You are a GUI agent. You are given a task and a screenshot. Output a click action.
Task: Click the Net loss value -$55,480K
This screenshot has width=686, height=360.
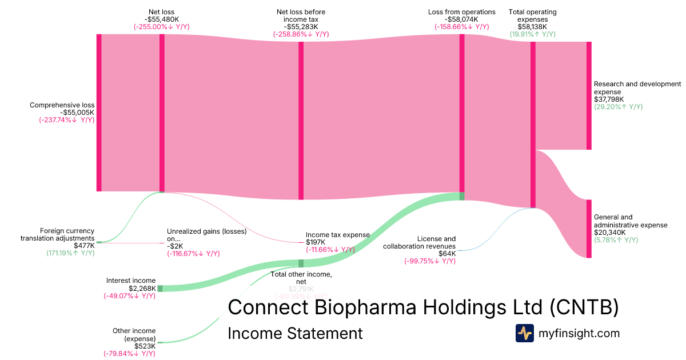click(161, 19)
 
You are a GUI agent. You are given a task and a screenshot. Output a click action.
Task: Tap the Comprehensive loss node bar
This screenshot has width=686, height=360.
click(99, 113)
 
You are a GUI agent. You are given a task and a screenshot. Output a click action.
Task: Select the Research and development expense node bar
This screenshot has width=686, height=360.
click(589, 95)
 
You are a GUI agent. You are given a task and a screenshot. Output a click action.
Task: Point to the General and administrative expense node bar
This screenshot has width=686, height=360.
click(589, 229)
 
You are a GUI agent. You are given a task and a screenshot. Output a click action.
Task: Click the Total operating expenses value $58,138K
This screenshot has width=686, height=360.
click(532, 26)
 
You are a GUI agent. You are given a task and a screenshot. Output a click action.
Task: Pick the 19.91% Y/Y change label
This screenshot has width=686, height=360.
click(532, 34)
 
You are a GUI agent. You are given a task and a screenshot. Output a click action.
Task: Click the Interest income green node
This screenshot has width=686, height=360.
click(160, 289)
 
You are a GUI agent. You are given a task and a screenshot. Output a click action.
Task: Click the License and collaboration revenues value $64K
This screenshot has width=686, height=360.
click(446, 254)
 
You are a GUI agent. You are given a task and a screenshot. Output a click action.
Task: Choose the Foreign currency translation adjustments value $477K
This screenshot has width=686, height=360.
click(84, 245)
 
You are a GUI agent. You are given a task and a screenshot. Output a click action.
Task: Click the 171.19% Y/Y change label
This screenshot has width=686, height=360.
click(70, 253)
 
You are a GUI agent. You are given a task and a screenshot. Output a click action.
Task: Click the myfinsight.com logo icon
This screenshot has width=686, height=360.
click(524, 333)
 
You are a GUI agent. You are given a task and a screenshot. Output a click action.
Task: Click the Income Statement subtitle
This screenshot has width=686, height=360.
click(295, 333)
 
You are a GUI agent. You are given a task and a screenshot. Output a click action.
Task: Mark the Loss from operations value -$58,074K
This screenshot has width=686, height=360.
click(461, 19)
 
